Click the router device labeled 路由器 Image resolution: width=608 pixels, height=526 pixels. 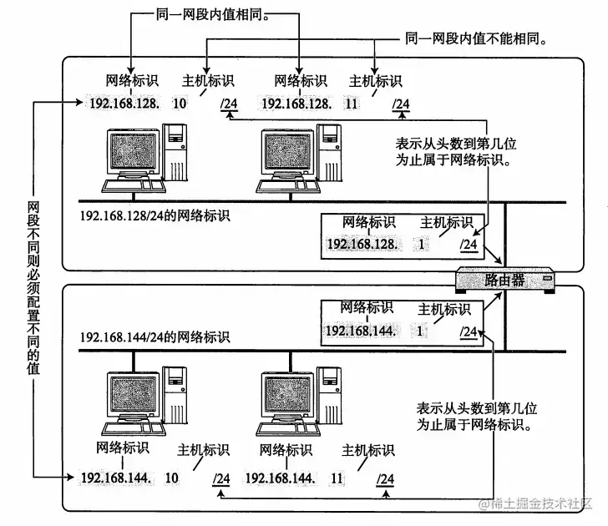click(x=506, y=280)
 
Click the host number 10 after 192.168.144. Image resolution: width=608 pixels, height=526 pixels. click(x=173, y=478)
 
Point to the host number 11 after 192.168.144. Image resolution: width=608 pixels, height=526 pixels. click(x=337, y=478)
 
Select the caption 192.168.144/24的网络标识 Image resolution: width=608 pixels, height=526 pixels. click(x=155, y=337)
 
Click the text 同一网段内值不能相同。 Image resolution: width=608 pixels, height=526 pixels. click(x=477, y=38)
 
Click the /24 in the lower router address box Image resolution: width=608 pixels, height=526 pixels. click(x=469, y=331)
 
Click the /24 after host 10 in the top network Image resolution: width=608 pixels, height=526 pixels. click(x=229, y=104)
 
